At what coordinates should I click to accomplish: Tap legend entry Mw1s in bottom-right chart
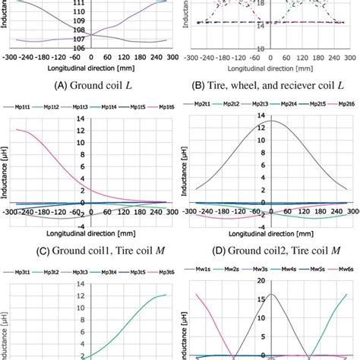coord(206,270)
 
